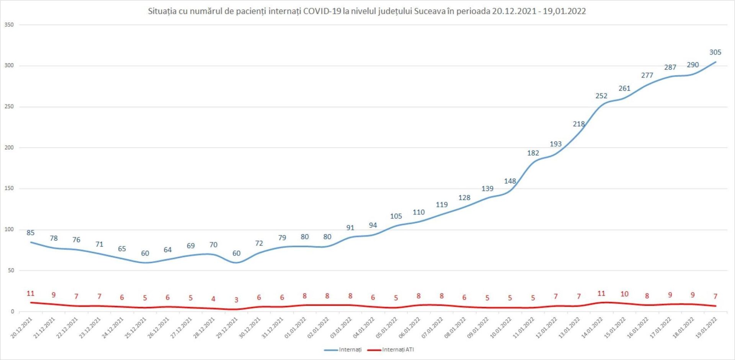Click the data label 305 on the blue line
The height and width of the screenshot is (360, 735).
coord(715,52)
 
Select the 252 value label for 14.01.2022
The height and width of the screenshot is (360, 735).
coord(601,96)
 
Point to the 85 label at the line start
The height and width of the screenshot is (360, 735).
coord(31,233)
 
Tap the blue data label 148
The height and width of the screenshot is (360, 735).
coord(510,181)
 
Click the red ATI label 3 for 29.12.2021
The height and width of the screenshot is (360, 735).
coord(236,300)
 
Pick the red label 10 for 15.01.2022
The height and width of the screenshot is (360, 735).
coord(624,294)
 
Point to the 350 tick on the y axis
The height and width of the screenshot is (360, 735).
coord(9,25)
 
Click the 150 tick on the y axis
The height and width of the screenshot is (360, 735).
coord(9,188)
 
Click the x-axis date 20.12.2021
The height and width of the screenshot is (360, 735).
coord(22,328)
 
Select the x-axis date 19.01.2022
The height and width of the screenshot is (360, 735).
coord(706,328)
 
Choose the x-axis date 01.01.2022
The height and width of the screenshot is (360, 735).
coord(296,328)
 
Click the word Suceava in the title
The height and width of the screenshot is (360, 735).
coord(430,11)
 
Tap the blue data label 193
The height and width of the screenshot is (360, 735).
coord(555,144)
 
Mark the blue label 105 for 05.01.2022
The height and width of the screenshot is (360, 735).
coord(396,216)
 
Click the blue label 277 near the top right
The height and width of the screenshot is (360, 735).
coord(647,75)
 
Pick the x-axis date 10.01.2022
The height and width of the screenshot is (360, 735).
coord(501,328)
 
